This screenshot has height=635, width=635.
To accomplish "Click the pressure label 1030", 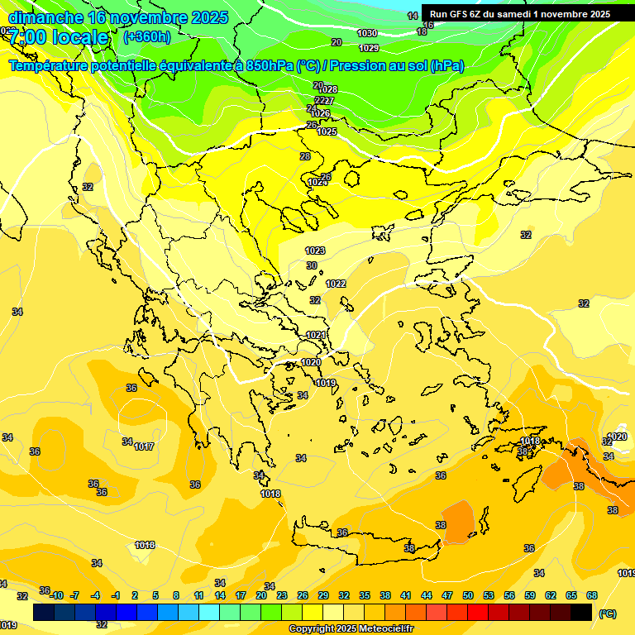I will [x=367, y=33].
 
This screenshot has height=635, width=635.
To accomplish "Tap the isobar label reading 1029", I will [x=369, y=48].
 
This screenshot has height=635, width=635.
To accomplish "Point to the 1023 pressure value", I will [x=315, y=251].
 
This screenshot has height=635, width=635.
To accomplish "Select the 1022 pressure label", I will [x=336, y=284].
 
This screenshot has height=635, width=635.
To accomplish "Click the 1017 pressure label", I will [x=145, y=446].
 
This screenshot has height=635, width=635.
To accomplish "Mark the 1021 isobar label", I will [x=316, y=335].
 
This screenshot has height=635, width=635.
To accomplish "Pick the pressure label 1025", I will [x=327, y=131].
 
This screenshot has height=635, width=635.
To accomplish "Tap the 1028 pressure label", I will [x=328, y=89].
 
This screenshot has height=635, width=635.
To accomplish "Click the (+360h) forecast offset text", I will [x=146, y=36].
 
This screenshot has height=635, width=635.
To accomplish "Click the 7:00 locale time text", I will [x=58, y=37].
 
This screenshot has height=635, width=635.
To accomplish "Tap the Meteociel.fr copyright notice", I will [x=351, y=629].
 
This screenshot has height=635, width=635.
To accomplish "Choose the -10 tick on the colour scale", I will [x=56, y=595].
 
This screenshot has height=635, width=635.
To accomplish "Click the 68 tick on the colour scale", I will [x=592, y=595].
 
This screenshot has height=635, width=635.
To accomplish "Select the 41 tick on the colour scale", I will [x=406, y=595].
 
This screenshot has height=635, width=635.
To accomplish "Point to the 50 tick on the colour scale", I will [x=468, y=595].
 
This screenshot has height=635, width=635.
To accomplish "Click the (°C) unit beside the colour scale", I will [x=608, y=614].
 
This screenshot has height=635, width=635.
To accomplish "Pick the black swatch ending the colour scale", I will [x=581, y=612].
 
